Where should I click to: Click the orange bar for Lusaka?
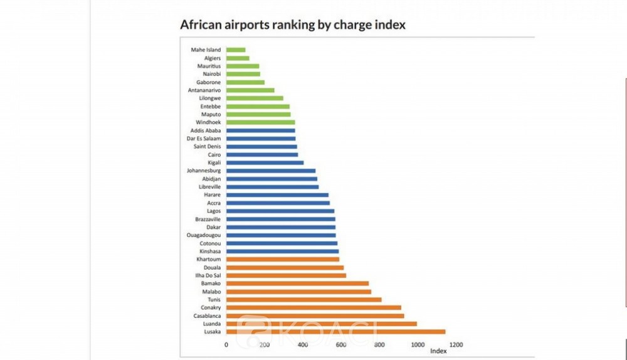click(335, 332)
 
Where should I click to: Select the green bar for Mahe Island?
click(236, 50)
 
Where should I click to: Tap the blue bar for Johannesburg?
click(271, 171)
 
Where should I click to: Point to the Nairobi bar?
click(243, 74)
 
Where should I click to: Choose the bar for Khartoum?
click(283, 259)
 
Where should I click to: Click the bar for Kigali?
click(265, 162)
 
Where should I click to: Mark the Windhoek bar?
click(260, 122)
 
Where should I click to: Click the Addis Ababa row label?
click(204, 130)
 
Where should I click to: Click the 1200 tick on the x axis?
click(455, 344)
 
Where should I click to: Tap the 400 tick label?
click(303, 344)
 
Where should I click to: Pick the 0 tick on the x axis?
click(226, 344)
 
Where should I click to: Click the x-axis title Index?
click(438, 351)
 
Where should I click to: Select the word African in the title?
click(199, 25)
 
